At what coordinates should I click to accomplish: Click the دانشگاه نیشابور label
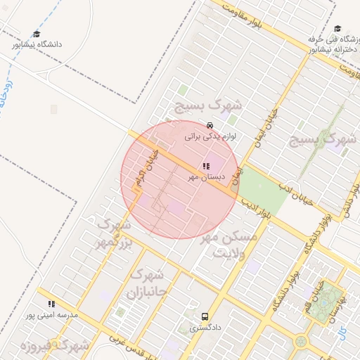pyautogui.click(x=36, y=44)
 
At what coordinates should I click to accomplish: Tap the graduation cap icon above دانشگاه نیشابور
pyautogui.click(x=37, y=34)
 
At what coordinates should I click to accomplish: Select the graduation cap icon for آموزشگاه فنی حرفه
pyautogui.click(x=337, y=29)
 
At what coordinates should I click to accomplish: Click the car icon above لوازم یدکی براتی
pyautogui.click(x=210, y=126)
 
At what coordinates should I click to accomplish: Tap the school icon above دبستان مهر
pyautogui.click(x=205, y=167)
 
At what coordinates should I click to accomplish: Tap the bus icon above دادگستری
pyautogui.click(x=205, y=316)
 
